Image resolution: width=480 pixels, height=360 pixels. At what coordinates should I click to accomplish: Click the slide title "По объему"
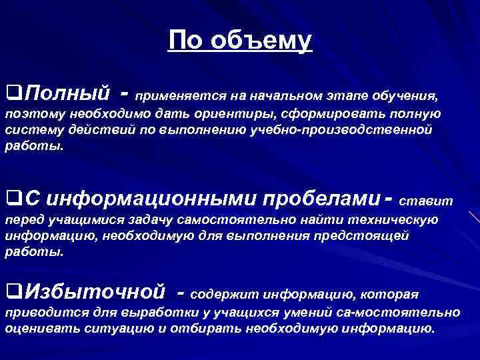(239, 41)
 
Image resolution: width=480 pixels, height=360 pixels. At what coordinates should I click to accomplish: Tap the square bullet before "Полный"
(11, 91)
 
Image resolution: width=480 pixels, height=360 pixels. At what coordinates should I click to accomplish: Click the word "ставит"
(429, 201)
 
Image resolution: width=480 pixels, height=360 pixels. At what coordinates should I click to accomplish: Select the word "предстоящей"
(371, 237)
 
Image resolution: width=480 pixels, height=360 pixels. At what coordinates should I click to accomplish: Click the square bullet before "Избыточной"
(11, 291)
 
